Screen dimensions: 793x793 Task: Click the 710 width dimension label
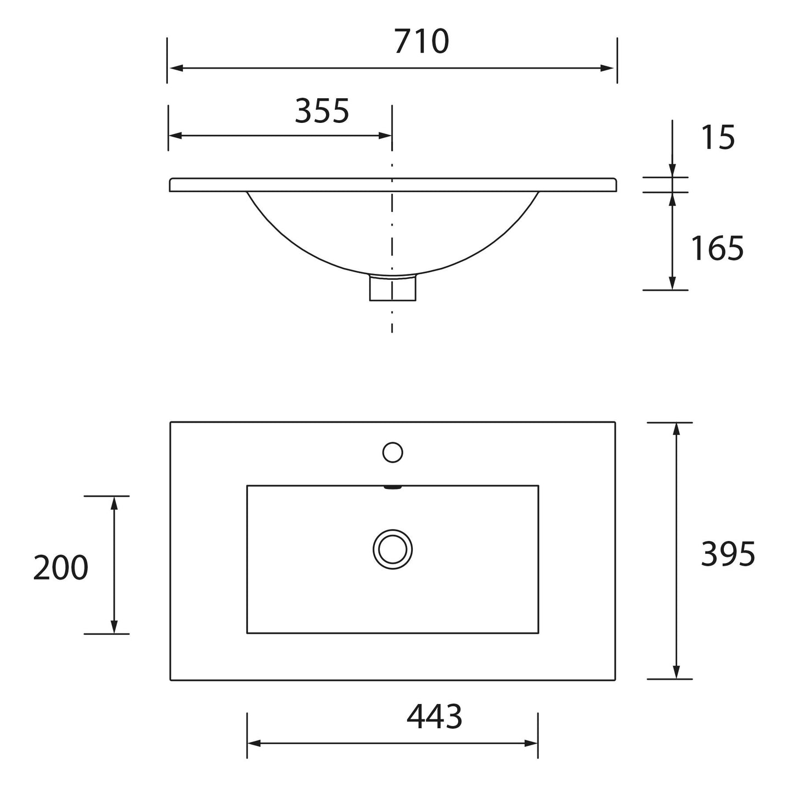click(421, 42)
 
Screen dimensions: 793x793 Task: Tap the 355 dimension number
click(322, 111)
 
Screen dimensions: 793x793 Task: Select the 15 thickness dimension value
click(718, 137)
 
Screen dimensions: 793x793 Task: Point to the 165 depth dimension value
click(717, 248)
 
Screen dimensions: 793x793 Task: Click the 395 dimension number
click(728, 554)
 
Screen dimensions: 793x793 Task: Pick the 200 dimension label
click(60, 567)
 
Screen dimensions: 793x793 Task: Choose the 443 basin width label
click(434, 716)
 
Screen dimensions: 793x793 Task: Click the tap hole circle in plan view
click(392, 452)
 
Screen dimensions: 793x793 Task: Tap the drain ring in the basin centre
click(392, 549)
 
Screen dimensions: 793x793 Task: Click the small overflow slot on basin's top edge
click(392, 487)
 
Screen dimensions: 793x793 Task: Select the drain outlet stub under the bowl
click(392, 288)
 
